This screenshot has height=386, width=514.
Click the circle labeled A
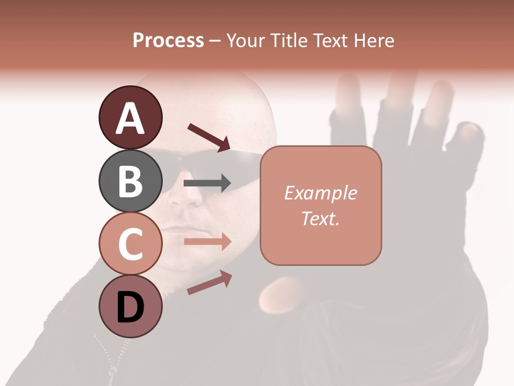[x=131, y=118]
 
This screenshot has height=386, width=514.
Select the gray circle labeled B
[x=131, y=181]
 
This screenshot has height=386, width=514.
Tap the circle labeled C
[x=131, y=244]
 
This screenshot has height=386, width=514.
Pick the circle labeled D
[x=131, y=307]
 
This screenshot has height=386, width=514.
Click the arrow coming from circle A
[x=209, y=137]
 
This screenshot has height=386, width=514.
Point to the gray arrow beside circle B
[x=207, y=183]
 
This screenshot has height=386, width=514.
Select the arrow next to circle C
[x=207, y=242]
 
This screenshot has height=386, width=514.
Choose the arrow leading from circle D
[x=209, y=283]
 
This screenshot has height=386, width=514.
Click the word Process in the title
[x=168, y=40]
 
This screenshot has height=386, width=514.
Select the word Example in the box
[x=320, y=193]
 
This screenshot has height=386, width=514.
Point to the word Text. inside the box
[x=320, y=218]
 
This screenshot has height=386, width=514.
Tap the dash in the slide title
[x=215, y=41]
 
